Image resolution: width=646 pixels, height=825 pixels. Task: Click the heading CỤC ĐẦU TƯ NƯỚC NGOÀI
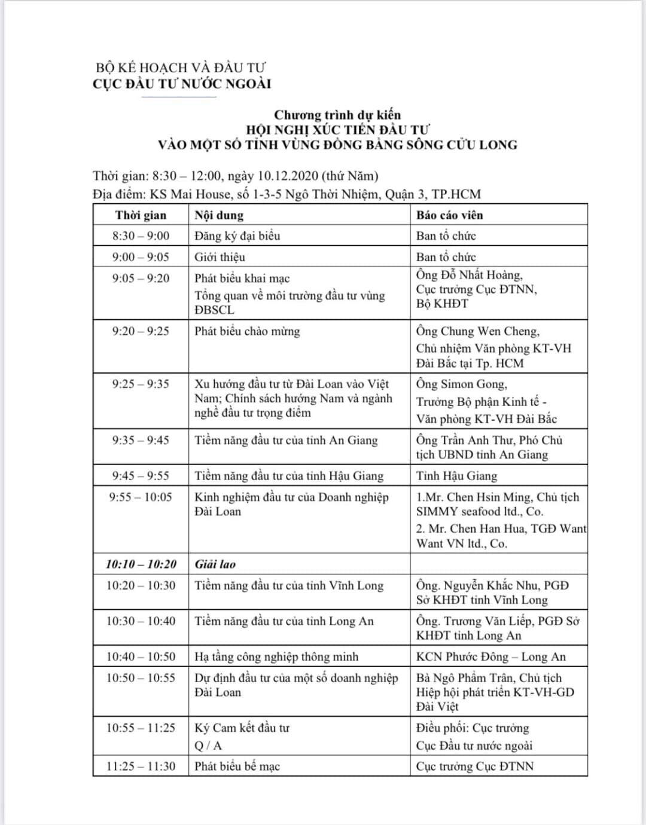coord(182,84)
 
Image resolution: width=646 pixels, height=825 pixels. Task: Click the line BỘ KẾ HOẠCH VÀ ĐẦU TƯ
coord(181,68)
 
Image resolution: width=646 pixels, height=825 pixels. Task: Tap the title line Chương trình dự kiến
coord(337,115)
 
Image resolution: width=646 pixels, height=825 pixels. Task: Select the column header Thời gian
coord(141,215)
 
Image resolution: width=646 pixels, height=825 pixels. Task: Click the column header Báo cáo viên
coord(449,215)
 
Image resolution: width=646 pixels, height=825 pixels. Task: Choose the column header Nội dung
coord(219,215)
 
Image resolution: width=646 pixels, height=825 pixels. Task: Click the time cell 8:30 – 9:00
coord(141,236)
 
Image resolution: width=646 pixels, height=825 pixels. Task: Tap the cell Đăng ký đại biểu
coord(237,236)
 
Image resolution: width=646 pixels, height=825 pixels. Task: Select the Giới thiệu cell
coord(220,257)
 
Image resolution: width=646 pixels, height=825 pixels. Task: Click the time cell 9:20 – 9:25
coord(141,331)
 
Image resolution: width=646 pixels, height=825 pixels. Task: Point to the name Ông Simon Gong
coord(462,384)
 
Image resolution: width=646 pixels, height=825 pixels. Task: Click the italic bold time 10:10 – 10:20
coord(141,564)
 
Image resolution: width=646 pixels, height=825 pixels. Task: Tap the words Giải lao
coord(215,564)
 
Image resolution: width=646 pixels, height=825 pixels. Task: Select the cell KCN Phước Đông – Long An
coord(491,656)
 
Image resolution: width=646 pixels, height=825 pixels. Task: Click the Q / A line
coord(208,745)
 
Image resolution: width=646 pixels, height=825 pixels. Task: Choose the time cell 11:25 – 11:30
coord(141,766)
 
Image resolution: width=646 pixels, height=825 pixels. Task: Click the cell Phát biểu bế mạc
coord(237,766)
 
